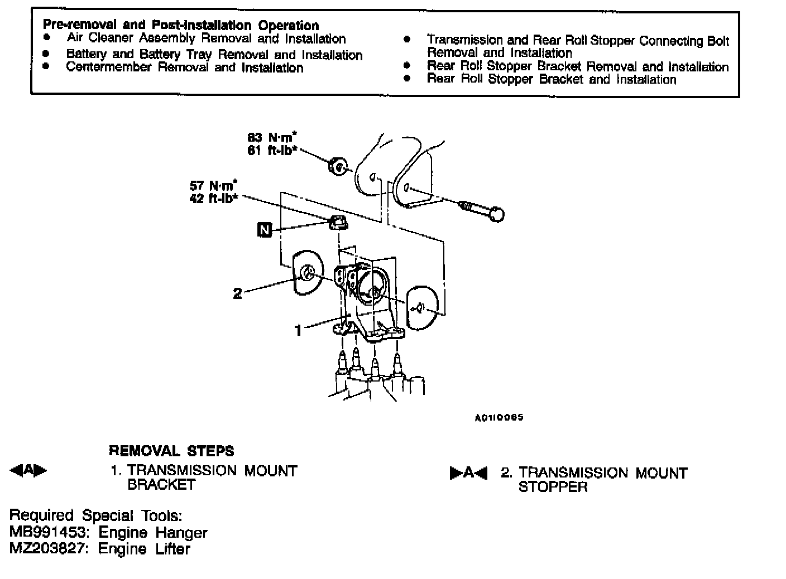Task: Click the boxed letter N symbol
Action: [x=265, y=229]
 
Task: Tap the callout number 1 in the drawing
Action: [x=298, y=331]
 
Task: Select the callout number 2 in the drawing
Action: [x=237, y=293]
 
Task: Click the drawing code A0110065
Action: [x=499, y=417]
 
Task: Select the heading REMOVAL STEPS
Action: [x=171, y=451]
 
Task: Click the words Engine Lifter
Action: [x=144, y=549]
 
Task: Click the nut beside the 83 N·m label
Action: [x=337, y=166]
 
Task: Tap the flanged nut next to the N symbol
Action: [x=337, y=223]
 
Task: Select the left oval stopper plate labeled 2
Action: [x=308, y=272]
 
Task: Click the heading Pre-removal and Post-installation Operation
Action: [x=181, y=25]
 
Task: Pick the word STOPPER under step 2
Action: [x=553, y=487]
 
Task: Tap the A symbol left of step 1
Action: [x=28, y=471]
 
